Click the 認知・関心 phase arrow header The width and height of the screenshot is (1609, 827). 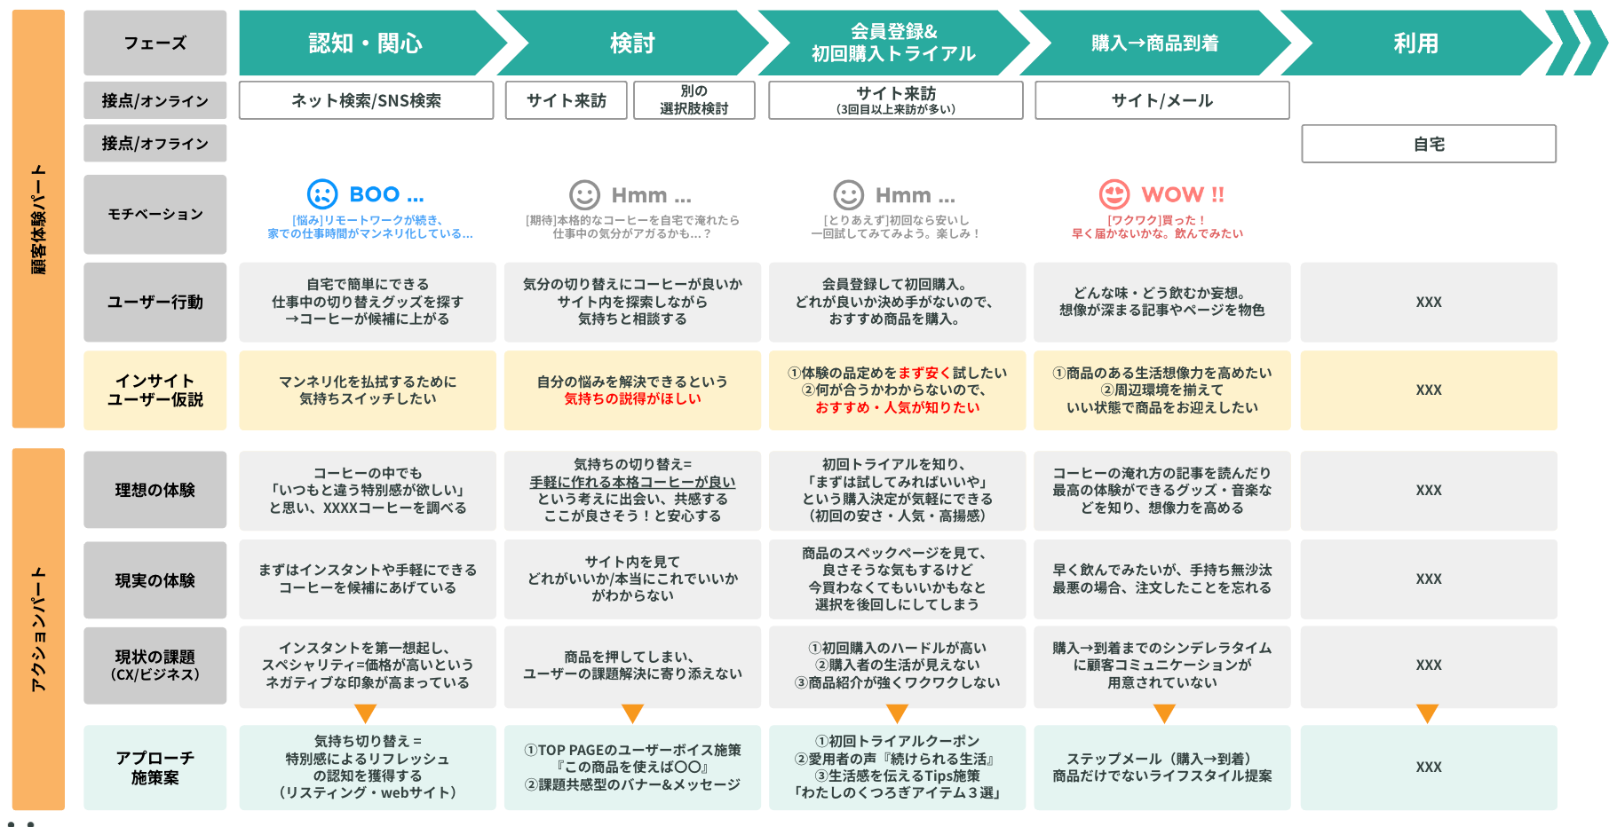tap(365, 43)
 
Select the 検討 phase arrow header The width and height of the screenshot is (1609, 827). tap(632, 43)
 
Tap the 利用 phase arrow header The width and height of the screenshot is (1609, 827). tap(1415, 43)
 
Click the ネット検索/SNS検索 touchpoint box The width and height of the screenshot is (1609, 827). tap(366, 100)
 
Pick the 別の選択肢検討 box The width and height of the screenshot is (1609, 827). tap(694, 100)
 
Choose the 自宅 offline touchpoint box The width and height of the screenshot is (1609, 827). tap(1428, 144)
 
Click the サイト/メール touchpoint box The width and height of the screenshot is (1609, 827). tap(1161, 100)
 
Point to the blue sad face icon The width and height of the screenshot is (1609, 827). tap(322, 194)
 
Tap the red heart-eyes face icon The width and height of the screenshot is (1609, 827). tap(1114, 194)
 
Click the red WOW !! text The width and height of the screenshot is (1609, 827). tap(1182, 194)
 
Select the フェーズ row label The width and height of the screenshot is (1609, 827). tap(155, 43)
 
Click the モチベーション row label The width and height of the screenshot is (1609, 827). tap(155, 214)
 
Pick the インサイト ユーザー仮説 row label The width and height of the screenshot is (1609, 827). tap(155, 390)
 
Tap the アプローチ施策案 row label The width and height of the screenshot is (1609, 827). tap(155, 768)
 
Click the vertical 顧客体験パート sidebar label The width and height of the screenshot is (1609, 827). tap(38, 218)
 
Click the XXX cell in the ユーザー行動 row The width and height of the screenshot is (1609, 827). tap(1428, 303)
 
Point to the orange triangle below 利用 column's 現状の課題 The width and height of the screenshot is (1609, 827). tap(1427, 713)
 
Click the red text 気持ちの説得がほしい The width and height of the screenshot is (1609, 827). tap(632, 399)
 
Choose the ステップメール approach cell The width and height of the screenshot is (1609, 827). tap(1161, 768)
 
